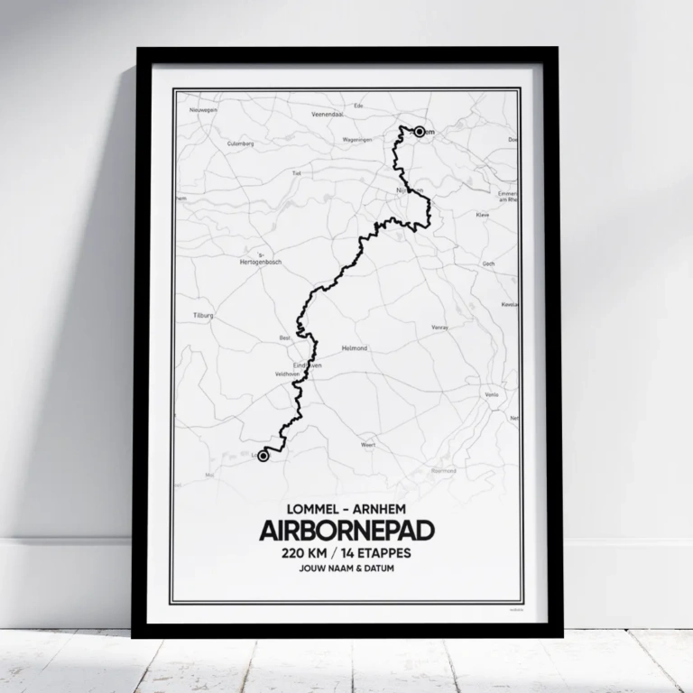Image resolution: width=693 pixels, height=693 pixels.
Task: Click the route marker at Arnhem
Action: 420,132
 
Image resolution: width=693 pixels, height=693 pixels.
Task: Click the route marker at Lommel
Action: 263,457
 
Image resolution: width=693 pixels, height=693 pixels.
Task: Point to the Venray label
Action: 440,328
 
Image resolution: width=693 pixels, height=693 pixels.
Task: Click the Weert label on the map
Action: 367,445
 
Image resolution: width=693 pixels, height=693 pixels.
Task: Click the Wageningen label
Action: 357,140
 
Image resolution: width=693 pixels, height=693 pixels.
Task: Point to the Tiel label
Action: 296,172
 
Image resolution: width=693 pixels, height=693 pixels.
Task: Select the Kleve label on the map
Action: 482,216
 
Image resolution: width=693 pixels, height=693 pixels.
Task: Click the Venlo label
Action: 492,395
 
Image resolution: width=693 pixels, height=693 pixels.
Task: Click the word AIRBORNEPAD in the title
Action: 346,530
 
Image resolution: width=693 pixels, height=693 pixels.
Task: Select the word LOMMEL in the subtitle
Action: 309,507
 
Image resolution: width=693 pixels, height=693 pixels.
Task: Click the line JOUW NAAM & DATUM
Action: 346,570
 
